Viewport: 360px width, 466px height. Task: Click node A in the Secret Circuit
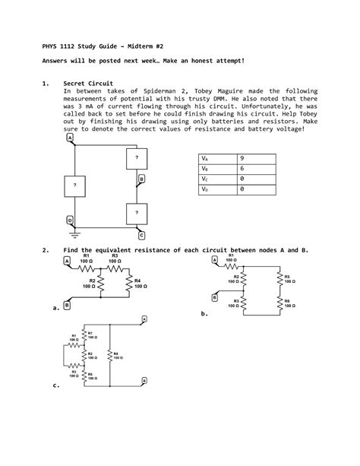70,139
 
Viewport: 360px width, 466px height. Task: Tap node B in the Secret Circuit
141,179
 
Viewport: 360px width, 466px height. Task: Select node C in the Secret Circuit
141,235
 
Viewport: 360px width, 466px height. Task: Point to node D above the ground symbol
70,220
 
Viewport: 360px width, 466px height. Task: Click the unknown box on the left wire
74,185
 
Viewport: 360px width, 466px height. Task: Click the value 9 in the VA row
242,157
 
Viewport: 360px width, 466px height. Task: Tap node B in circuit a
67,305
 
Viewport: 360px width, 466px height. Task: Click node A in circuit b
214,260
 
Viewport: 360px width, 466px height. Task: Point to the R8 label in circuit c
116,354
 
